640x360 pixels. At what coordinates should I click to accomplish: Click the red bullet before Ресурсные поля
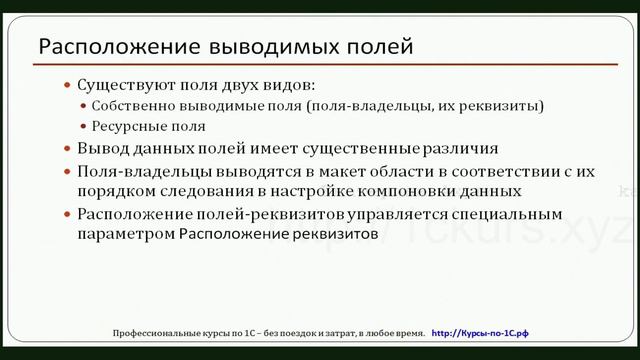[82, 127]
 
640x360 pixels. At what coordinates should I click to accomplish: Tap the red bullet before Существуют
[68, 86]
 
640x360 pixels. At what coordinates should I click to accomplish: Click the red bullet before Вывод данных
[68, 149]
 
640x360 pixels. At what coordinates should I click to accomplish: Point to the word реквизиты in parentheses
[508, 106]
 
